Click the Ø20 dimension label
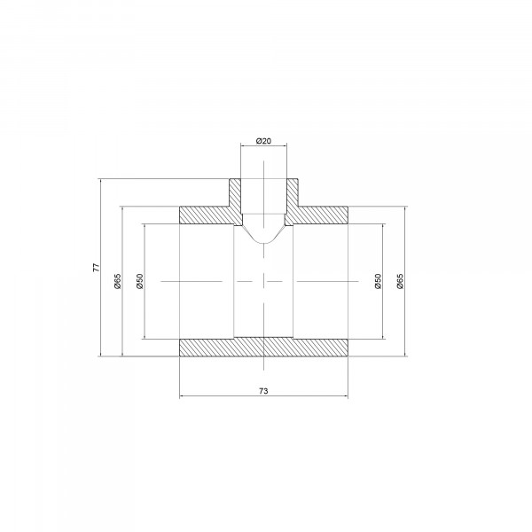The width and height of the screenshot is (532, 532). [263, 141]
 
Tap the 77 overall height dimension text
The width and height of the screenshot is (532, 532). [97, 268]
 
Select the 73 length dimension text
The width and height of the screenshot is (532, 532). [263, 391]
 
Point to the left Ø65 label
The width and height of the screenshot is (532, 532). [118, 281]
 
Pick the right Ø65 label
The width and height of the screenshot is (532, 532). [401, 281]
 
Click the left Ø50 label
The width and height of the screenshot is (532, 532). [140, 281]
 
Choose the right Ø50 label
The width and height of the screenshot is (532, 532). [378, 281]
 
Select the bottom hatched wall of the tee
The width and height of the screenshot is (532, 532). [263, 347]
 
